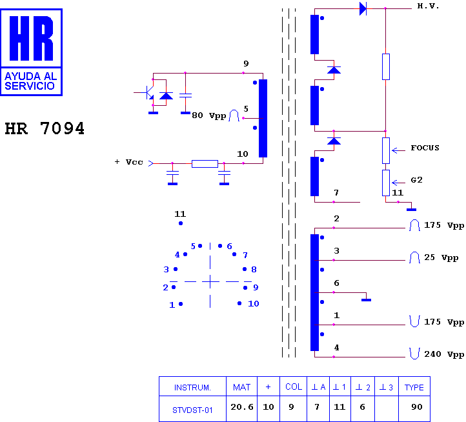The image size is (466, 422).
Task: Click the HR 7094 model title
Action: coord(45,128)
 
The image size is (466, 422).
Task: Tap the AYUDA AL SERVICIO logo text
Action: coord(30,81)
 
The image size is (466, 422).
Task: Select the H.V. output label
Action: coord(428,6)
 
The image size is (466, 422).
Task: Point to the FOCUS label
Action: coord(425,148)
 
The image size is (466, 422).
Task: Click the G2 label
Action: coord(417,180)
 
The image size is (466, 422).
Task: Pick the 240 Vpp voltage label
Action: coord(444,354)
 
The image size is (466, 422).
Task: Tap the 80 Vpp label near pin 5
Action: coord(209,116)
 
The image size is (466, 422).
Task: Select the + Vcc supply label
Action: coord(129,162)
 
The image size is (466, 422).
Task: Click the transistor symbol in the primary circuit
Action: coord(149,92)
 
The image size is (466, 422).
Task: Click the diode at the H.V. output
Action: coord(363,8)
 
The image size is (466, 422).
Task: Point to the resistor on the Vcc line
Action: coord(205,164)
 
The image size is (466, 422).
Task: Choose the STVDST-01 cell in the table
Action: coord(192,410)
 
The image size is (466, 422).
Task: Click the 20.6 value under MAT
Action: coord(242,407)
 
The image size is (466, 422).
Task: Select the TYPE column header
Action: coord(414,387)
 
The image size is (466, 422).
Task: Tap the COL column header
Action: coord(294,387)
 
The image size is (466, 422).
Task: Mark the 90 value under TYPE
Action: coord(417,407)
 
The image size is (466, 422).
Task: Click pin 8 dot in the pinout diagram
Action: coord(245,269)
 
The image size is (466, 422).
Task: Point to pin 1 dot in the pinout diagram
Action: coord(181,304)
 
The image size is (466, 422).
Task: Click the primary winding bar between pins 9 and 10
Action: coord(263,118)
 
